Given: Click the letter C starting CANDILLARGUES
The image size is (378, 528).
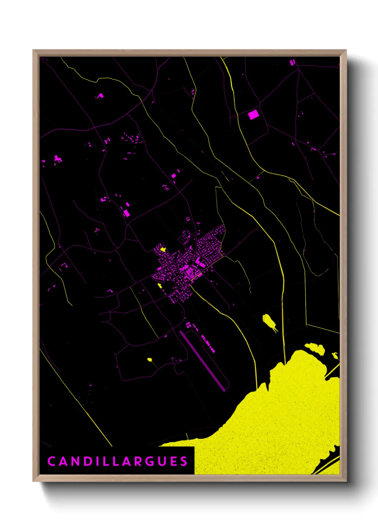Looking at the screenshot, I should coord(51,461).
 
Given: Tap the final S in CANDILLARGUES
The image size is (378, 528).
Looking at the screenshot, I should coord(184,461).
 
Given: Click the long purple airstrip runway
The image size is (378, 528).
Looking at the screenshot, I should coord(203,360).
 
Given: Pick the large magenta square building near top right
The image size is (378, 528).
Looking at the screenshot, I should coord(253,115).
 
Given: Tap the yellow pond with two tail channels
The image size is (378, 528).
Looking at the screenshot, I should coord(268,321).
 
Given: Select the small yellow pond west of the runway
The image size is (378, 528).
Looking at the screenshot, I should coord(150,359).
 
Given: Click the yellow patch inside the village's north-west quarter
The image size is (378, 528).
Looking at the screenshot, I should coord(163,249).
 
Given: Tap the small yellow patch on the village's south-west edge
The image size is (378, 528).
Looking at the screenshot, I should coord(160,285).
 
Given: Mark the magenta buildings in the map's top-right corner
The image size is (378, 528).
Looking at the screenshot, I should coord(292,62).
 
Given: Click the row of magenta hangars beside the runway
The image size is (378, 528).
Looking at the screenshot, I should coord(207,344).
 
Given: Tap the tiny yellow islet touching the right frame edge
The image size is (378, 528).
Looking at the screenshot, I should coord(335,355).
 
